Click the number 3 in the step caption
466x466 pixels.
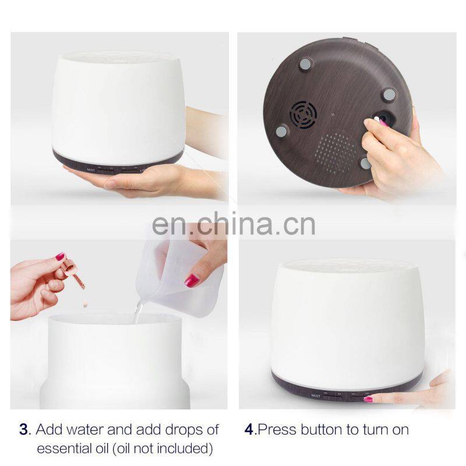point(24,430)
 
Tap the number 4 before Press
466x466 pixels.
point(249,430)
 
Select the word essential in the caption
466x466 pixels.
point(72,449)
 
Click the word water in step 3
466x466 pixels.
point(85,430)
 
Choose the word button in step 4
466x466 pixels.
point(322,430)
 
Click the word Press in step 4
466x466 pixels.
point(277,430)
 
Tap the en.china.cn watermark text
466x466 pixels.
point(234,224)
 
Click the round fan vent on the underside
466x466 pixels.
point(303,115)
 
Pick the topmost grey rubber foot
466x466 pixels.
point(305,63)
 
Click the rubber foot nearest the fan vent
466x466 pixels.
point(281,131)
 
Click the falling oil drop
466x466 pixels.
point(85,305)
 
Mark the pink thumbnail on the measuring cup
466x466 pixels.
point(192,281)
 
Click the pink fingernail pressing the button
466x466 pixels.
point(369,399)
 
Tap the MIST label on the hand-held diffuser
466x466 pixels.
point(91,170)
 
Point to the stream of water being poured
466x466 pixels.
point(138,312)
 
